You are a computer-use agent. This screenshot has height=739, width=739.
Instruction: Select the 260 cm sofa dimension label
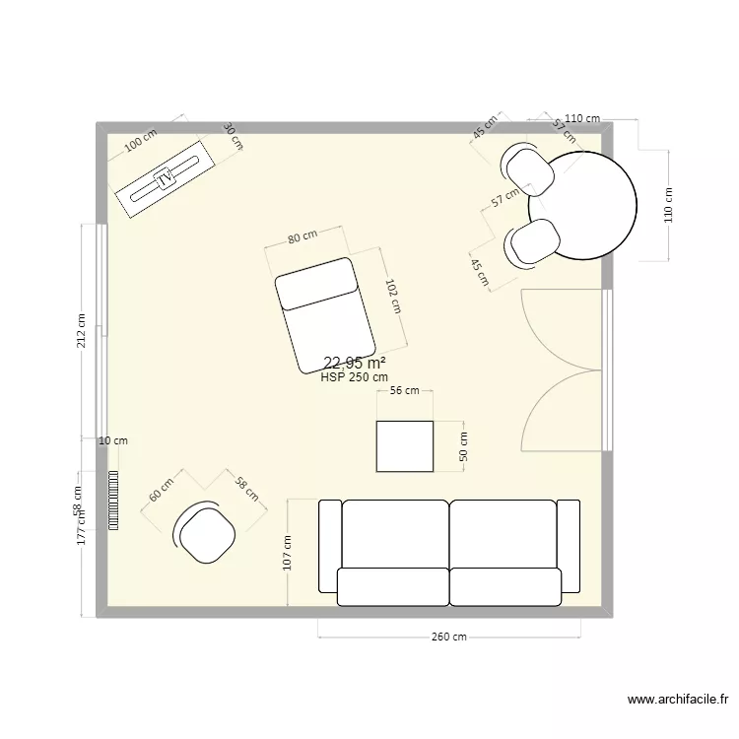coord(448,637)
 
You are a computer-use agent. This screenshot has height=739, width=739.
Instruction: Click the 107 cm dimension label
coord(288,554)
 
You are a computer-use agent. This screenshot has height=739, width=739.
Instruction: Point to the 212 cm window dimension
coord(82,331)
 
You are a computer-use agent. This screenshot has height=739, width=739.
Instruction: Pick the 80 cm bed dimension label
coord(302,236)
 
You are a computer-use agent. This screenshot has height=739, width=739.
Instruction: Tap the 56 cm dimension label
coord(405,391)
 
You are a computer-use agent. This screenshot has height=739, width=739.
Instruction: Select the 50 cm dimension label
coord(463,447)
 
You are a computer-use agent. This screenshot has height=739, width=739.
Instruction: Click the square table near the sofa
coord(405,446)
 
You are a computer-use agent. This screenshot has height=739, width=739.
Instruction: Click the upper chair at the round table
coord(529,168)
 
